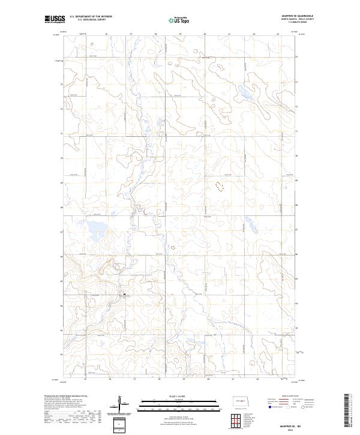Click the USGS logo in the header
[x=54, y=20]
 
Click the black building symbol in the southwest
[x=124, y=293]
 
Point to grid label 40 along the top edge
[x=205, y=34]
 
